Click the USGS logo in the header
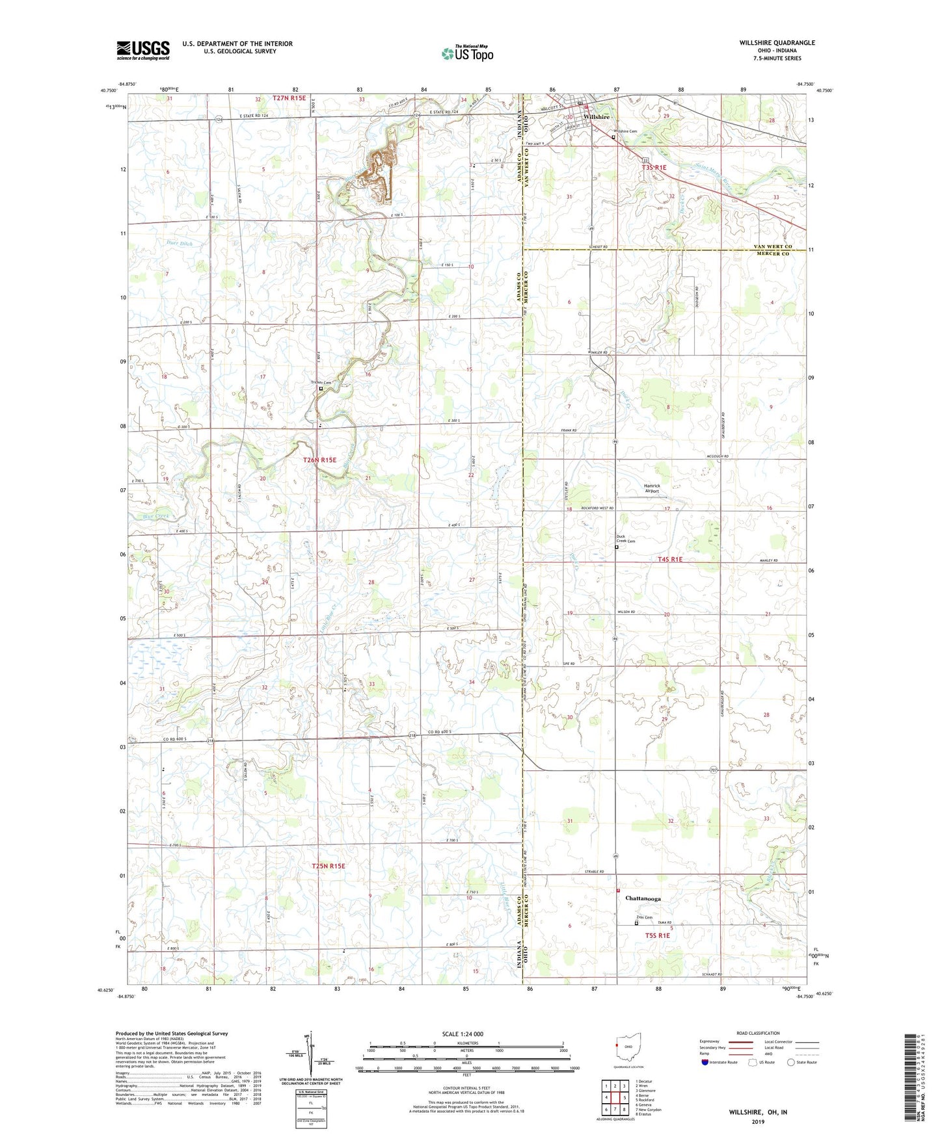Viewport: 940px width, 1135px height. pos(143,50)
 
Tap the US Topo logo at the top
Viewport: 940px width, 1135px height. pos(466,53)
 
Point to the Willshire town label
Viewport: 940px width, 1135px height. pos(597,116)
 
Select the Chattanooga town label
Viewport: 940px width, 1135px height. pos(643,898)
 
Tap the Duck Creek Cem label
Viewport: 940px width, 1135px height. pos(625,539)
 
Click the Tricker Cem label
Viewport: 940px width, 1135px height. pos(321,382)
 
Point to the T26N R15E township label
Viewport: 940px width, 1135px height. pos(320,460)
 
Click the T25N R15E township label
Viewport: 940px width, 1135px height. pos(328,866)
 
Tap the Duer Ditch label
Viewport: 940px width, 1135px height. pos(180,243)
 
